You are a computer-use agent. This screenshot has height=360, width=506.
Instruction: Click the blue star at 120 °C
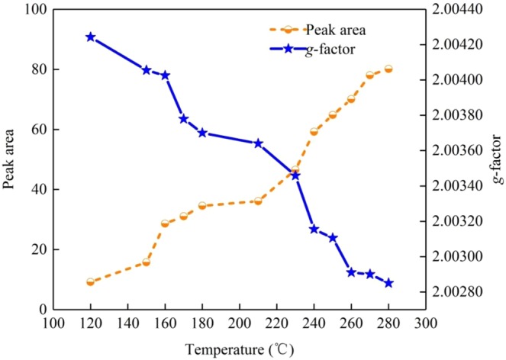tap(91, 37)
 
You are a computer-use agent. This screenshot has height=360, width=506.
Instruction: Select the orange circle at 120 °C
tap(91, 282)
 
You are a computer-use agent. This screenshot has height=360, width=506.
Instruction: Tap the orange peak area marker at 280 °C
tap(388, 69)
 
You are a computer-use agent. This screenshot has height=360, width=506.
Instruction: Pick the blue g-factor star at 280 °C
tap(388, 283)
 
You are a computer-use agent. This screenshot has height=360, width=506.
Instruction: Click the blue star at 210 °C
tap(258, 143)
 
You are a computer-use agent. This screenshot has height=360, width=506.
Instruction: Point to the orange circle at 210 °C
tap(258, 201)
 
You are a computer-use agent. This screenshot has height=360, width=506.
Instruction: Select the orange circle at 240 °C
tap(314, 132)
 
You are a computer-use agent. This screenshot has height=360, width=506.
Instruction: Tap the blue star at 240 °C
tap(314, 230)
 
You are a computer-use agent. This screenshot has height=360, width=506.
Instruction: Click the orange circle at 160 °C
tap(165, 223)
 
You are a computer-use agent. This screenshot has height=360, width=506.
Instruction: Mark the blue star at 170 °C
tap(184, 119)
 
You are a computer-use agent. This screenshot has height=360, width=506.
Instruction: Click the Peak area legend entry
tap(336, 31)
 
